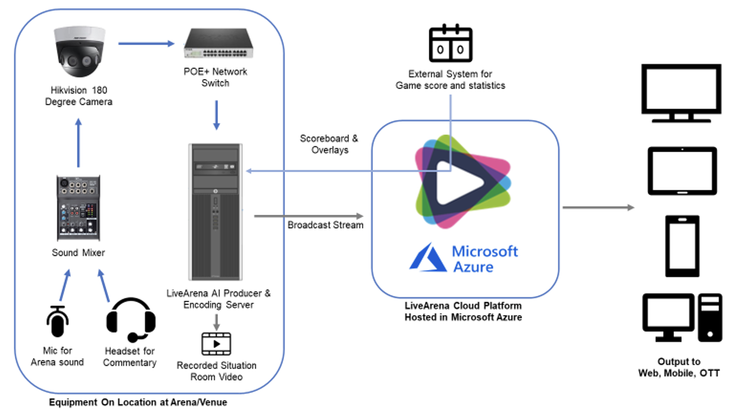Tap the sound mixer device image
78,205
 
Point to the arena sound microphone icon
57,321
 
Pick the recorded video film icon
216,344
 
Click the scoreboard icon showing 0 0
451,44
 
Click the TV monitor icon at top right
681,92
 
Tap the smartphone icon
682,246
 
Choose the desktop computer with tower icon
682,318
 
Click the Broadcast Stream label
325,225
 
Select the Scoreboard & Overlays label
329,144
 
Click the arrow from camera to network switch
145,43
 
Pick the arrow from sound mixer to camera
78,143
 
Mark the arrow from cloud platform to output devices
599,208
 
